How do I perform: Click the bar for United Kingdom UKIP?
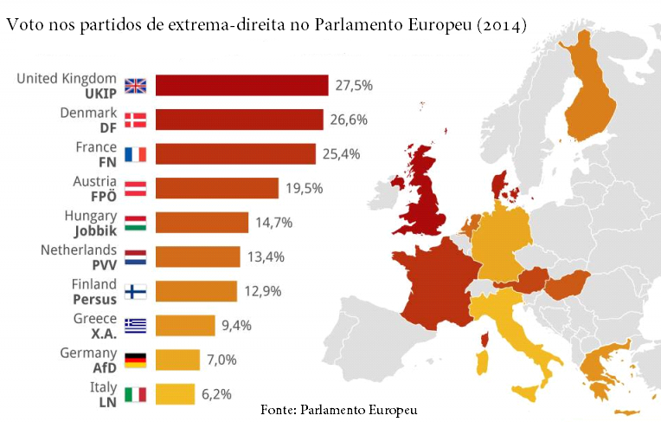click(242, 85)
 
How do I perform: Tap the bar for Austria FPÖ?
click(217, 188)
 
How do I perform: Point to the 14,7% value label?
click(273, 223)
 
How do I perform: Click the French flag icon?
click(136, 154)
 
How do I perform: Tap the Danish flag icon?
click(136, 120)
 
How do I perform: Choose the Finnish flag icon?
click(136, 291)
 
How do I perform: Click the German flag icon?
click(136, 360)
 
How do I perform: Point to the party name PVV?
click(104, 264)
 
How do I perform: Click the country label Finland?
click(93, 283)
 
